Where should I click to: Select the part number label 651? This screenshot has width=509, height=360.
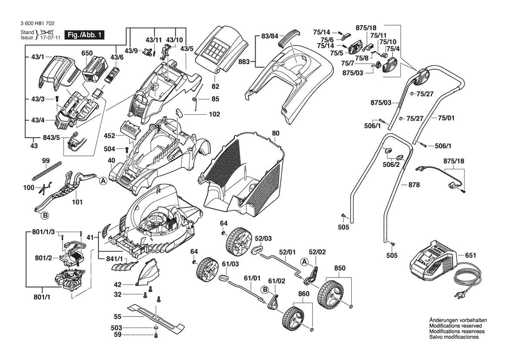(x=470, y=256)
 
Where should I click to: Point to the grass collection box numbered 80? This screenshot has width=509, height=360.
(x=244, y=174)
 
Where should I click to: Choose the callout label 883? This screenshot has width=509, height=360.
(x=244, y=62)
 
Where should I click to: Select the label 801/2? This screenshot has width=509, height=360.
(x=44, y=258)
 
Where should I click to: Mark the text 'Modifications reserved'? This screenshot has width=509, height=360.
(x=455, y=326)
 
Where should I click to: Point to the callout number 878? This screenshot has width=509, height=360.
(x=414, y=185)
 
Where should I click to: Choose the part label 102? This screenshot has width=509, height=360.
(x=214, y=114)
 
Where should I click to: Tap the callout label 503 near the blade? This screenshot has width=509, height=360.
(x=116, y=328)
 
